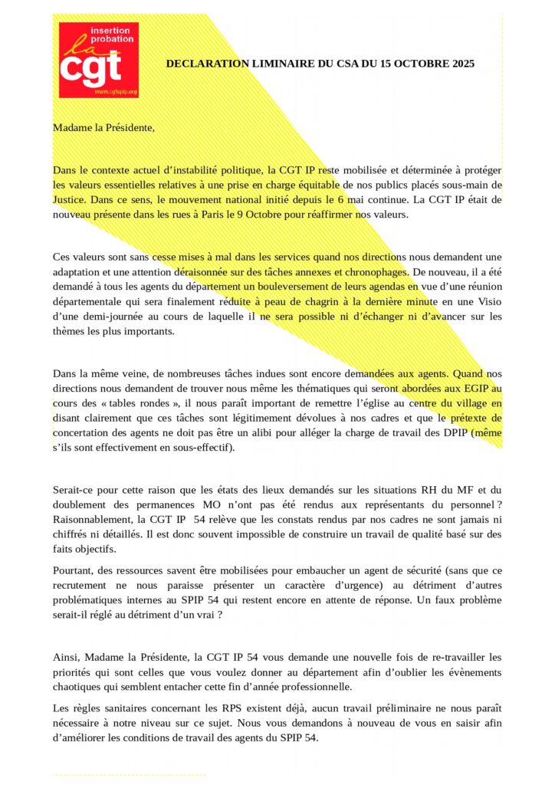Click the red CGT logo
coord(99,60)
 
